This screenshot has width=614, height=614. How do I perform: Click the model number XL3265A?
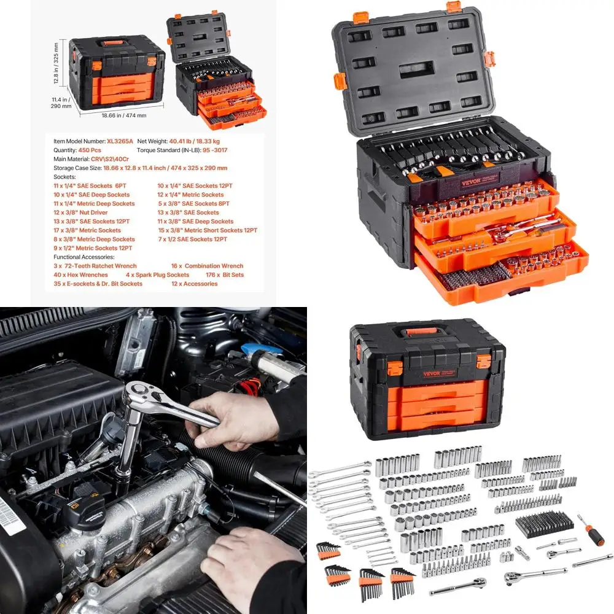click(x=120, y=141)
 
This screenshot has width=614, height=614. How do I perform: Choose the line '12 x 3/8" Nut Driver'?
click(x=80, y=212)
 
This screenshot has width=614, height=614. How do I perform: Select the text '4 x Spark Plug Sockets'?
click(x=157, y=275)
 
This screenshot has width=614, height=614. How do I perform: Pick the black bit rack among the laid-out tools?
click(x=539, y=524)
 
